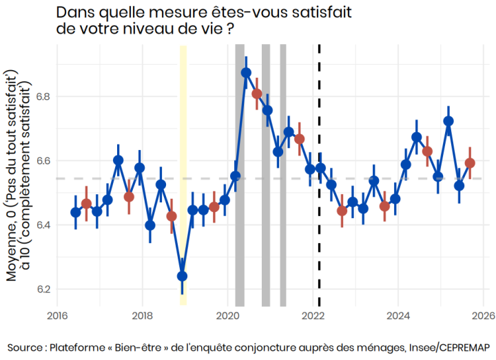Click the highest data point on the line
tap(246, 72)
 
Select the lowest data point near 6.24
tap(183, 276)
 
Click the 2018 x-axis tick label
tap(142, 317)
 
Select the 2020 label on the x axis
tap(227, 317)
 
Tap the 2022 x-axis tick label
tap(313, 317)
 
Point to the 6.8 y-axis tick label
tap(43, 96)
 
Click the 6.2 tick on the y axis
tap(43, 289)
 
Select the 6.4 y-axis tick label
tap(43, 225)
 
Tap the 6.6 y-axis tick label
tap(43, 160)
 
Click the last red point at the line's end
tap(470, 163)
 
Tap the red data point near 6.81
tap(257, 94)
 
